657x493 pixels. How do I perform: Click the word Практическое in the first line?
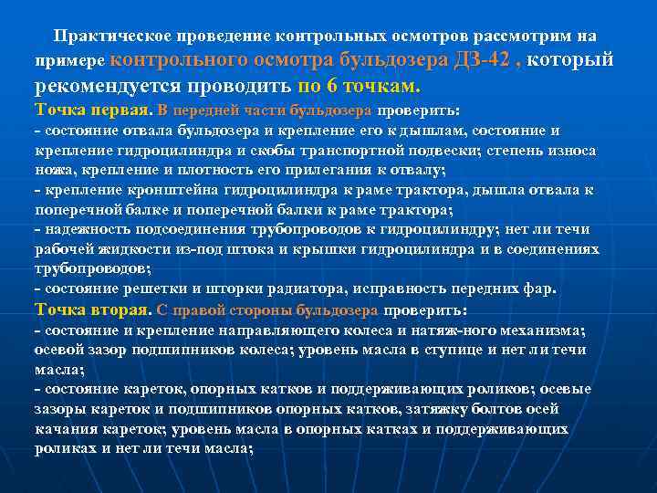coord(98,37)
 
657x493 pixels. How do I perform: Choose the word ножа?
coord(53,170)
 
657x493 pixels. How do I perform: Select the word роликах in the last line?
coord(66,448)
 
